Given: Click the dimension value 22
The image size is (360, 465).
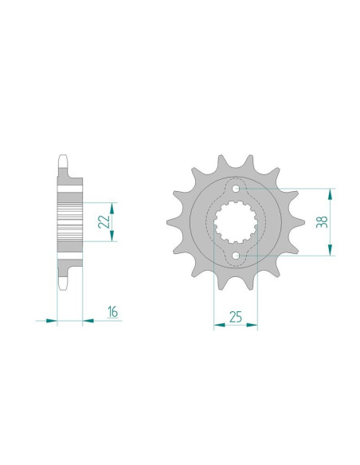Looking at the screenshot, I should (103, 221).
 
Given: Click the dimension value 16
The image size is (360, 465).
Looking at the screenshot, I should (113, 311).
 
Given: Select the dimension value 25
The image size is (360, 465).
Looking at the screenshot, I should (236, 317).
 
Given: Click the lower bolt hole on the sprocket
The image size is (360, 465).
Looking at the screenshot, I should (236, 255).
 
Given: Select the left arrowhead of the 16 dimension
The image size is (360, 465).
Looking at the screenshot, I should (52, 321).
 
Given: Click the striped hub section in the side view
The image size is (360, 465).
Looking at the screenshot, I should (70, 221).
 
